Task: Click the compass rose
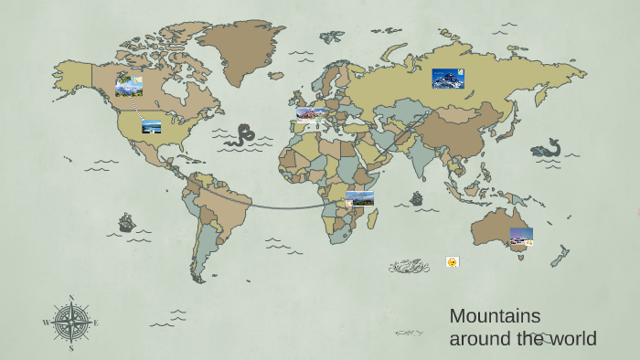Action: [x=70, y=323]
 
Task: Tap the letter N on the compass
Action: [x=71, y=298]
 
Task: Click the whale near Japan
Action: [x=547, y=149]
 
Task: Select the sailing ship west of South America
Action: [x=126, y=222]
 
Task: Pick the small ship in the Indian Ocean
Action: [x=417, y=198]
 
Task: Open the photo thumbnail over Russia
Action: [x=448, y=79]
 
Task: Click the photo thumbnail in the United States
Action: [x=152, y=126]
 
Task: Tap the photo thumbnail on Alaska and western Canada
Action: [x=129, y=86]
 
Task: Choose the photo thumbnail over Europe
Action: [x=311, y=114]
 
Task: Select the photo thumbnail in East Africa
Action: [x=359, y=198]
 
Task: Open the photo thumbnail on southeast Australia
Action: [x=521, y=236]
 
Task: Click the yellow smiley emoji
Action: [x=452, y=262]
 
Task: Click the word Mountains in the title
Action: [x=495, y=316]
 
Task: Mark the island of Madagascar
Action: [x=373, y=217]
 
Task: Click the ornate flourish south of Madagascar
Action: [x=409, y=267]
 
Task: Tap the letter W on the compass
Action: [x=46, y=323]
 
